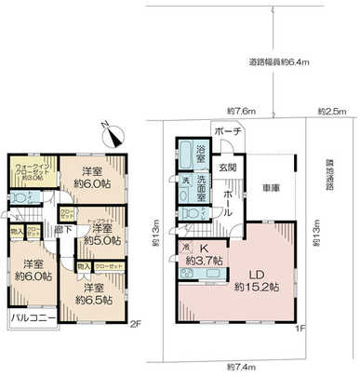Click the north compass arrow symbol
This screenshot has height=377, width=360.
coord(112,132)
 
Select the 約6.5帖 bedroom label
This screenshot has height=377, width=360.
coord(95,292)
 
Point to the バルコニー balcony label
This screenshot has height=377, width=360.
coord(33,319)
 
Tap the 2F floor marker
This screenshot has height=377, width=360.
coord(135,324)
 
